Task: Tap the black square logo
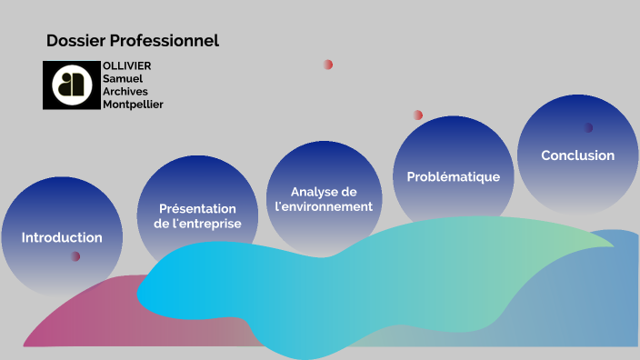pyautogui.click(x=71, y=85)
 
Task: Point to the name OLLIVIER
pyautogui.click(x=127, y=66)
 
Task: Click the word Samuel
pyautogui.click(x=123, y=79)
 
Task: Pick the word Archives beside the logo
pyautogui.click(x=125, y=92)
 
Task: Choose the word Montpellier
pyautogui.click(x=133, y=105)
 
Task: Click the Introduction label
pyautogui.click(x=62, y=237)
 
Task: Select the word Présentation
pyautogui.click(x=197, y=208)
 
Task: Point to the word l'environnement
pyautogui.click(x=324, y=206)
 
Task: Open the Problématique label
pyautogui.click(x=453, y=176)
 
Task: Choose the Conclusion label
pyautogui.click(x=577, y=155)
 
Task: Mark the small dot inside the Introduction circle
pyautogui.click(x=75, y=256)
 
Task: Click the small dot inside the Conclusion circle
pyautogui.click(x=588, y=127)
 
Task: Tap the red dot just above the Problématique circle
pyautogui.click(x=418, y=115)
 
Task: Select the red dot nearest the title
pyautogui.click(x=328, y=65)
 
